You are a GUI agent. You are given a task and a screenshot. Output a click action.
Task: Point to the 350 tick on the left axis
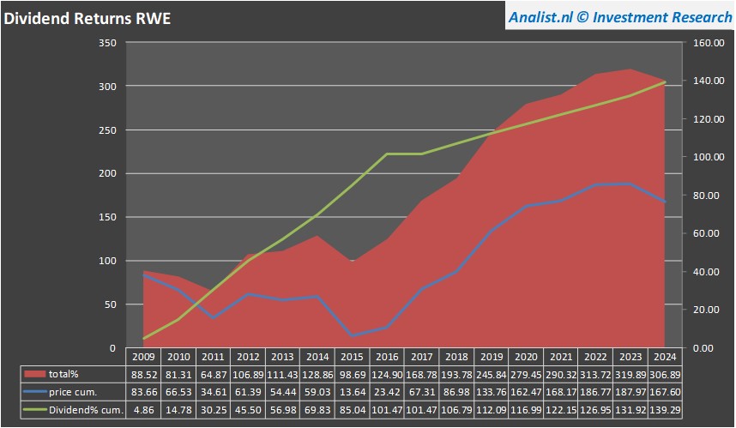click(x=107, y=43)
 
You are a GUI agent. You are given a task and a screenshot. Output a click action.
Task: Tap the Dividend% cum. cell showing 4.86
click(x=143, y=410)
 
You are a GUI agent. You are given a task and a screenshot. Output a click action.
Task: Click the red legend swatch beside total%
click(x=34, y=374)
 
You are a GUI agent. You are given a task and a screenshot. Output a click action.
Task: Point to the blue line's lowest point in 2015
click(x=353, y=335)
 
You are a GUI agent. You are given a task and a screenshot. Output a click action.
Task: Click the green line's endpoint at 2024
click(x=666, y=81)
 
